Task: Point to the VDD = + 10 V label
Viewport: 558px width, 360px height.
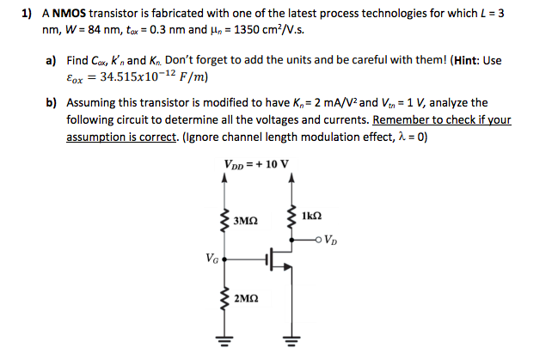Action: (255, 164)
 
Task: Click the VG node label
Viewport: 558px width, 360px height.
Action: (212, 256)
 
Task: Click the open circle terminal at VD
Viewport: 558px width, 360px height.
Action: (320, 240)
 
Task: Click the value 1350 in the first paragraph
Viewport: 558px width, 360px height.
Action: (254, 31)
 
